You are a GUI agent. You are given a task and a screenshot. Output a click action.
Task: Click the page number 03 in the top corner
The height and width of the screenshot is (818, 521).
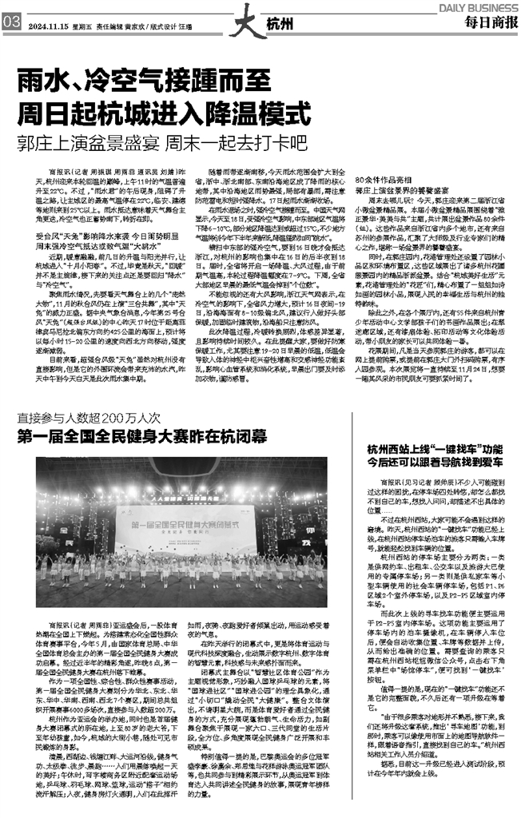pyautogui.click(x=10, y=23)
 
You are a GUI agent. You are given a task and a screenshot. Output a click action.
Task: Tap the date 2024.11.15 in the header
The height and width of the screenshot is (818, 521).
pyautogui.click(x=46, y=24)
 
